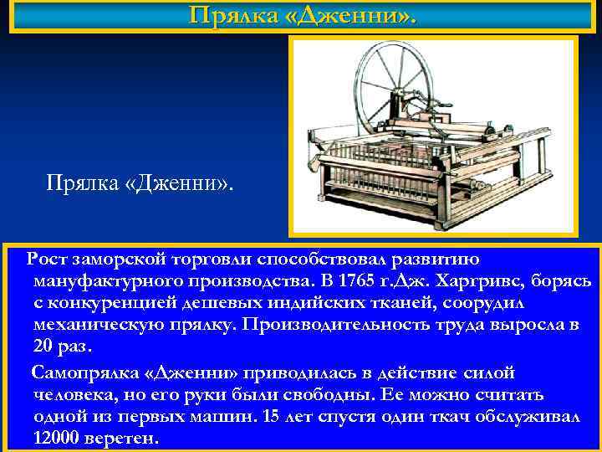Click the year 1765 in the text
tap(360, 280)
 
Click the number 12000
tap(58, 438)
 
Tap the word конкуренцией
tap(108, 302)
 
